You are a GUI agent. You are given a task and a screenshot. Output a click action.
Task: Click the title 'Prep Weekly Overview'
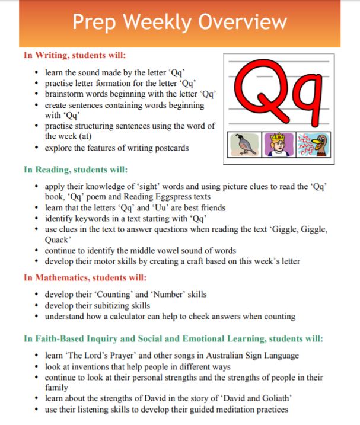coord(179,23)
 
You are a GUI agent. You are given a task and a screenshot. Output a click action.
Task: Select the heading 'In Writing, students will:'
coord(75,55)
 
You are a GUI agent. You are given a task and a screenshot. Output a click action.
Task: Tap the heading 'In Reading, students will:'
coord(76,169)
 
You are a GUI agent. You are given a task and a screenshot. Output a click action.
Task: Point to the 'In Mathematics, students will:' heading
coord(85,277)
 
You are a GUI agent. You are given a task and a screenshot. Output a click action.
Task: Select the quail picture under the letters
coord(244,144)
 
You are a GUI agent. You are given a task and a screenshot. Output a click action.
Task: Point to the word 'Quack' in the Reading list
coord(58,241)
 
